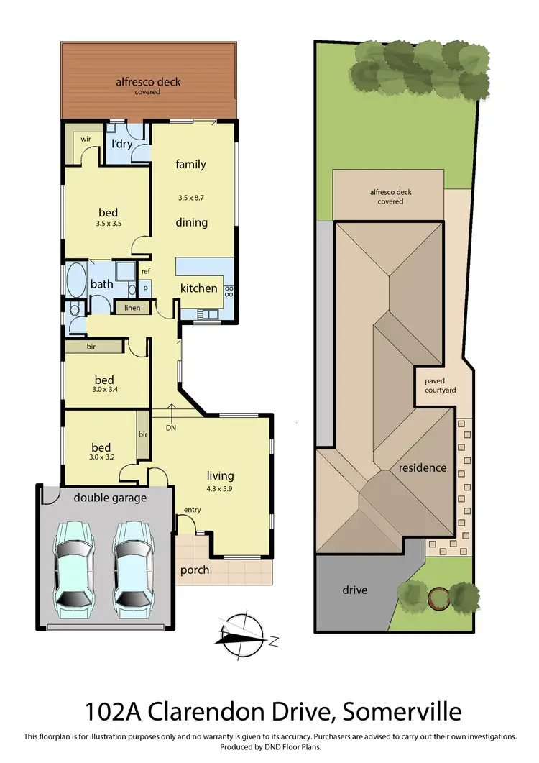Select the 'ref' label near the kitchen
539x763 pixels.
coord(145,271)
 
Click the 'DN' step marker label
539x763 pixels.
coord(171,428)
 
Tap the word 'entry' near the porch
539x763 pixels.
coord(193,510)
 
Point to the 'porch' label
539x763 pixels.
coord(195,570)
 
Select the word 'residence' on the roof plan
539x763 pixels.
coord(423,467)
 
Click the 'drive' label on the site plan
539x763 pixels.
coord(355,590)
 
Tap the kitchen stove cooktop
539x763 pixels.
coord(229,291)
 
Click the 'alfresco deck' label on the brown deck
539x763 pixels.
coord(148,82)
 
